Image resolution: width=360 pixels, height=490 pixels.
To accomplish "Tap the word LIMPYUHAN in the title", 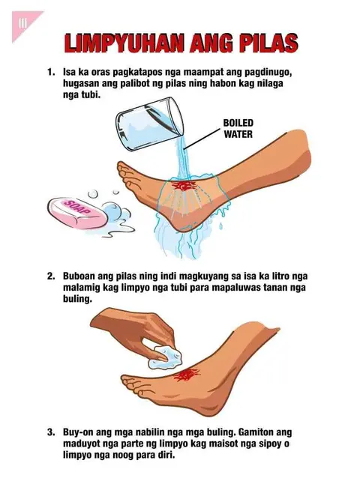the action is (124, 43).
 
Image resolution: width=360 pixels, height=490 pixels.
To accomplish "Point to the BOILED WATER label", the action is (238, 128).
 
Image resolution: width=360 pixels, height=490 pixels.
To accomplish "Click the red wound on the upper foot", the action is (183, 186).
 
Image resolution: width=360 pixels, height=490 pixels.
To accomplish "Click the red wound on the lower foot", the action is (187, 375).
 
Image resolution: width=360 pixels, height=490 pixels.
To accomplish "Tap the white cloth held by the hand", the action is (165, 357).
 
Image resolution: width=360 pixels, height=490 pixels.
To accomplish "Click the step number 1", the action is (51, 72).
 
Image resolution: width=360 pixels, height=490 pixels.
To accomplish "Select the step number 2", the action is (51, 276).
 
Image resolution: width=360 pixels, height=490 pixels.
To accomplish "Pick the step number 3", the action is (51, 432).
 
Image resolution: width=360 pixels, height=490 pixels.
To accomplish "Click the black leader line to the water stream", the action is (202, 138).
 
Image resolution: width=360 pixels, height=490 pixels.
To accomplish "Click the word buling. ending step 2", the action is (77, 299).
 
